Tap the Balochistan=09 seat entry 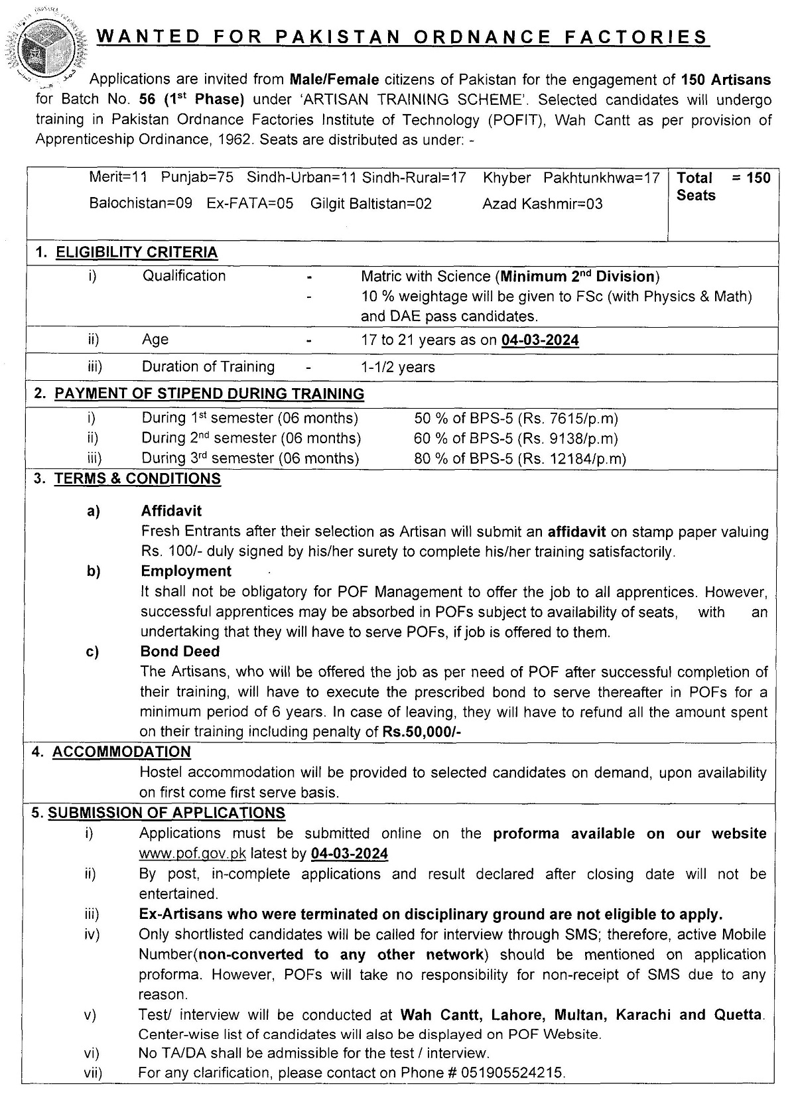(141, 203)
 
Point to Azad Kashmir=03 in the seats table (542, 204)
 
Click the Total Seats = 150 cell (722, 186)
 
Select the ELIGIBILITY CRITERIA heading (136, 252)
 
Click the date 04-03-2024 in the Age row (539, 340)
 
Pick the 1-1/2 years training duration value (398, 367)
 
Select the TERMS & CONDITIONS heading (137, 479)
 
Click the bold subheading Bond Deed (180, 652)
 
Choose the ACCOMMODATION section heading (121, 752)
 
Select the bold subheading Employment (186, 571)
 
